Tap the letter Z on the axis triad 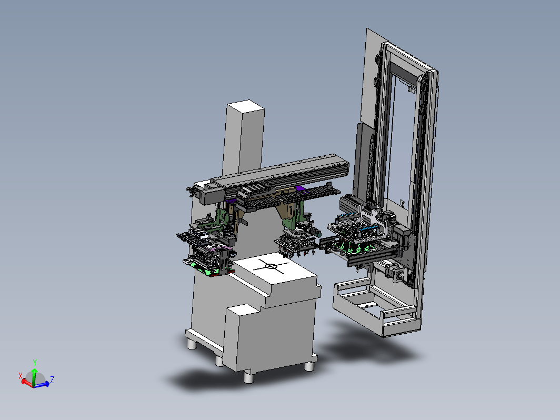click(52, 379)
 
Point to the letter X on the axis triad click(21, 376)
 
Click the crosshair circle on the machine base click(271, 266)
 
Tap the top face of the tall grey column click(246, 107)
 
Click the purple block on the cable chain click(301, 188)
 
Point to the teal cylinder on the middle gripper click(316, 233)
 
